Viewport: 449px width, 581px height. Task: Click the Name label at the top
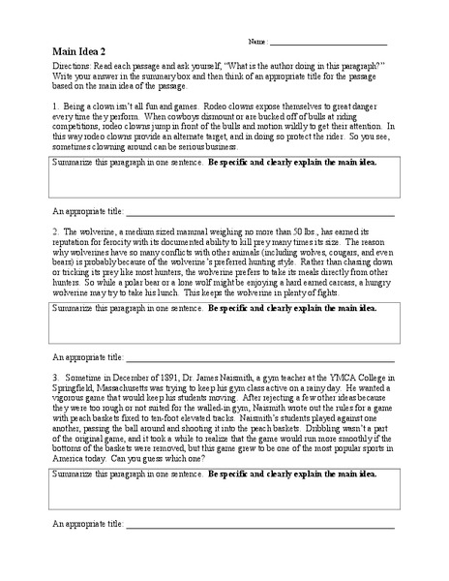257,44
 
